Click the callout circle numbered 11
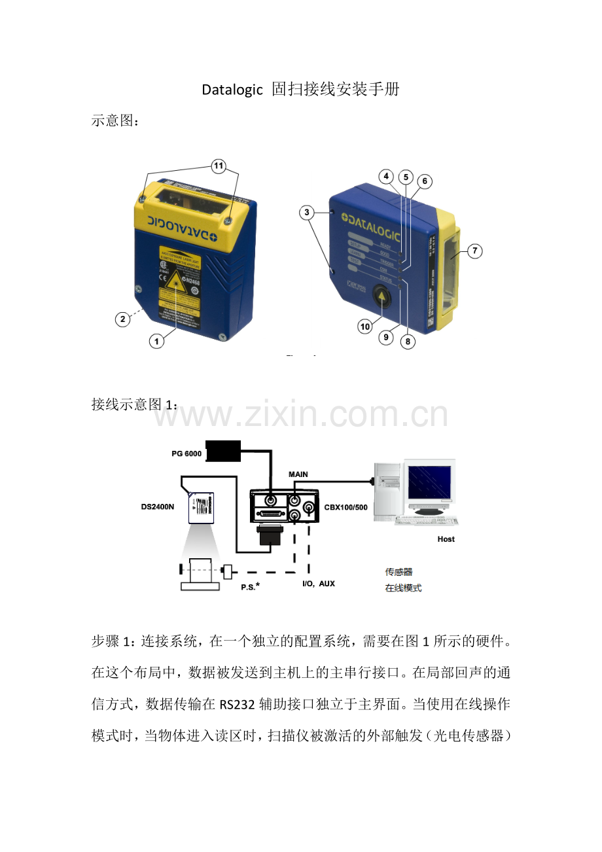click(218, 167)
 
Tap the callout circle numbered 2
click(122, 319)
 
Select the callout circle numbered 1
click(156, 341)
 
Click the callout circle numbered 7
click(475, 251)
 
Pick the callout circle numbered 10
click(365, 325)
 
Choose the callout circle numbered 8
click(408, 341)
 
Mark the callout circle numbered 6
click(425, 181)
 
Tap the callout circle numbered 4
click(387, 176)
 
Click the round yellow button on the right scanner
click(382, 298)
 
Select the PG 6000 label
click(182, 454)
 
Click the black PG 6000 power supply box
click(224, 450)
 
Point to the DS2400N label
click(158, 506)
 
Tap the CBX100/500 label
click(346, 507)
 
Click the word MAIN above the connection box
click(298, 474)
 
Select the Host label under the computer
click(446, 539)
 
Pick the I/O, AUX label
click(318, 583)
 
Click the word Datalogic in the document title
click(232, 90)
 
